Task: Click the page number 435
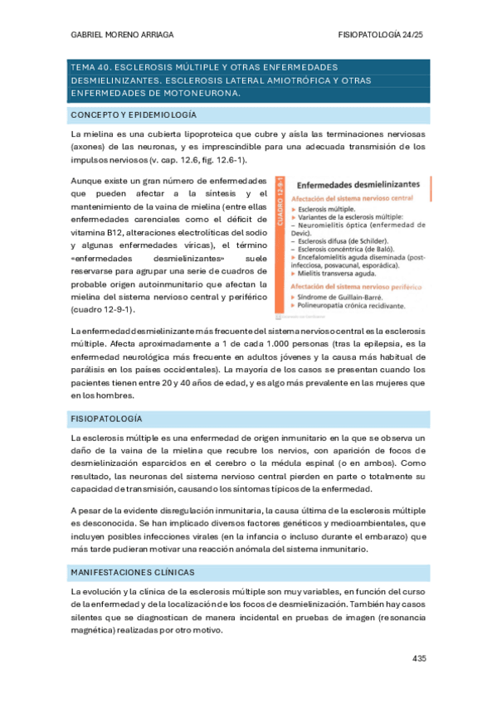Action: click(418, 658)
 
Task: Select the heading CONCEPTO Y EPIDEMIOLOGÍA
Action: click(134, 114)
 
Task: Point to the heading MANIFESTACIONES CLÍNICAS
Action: click(134, 572)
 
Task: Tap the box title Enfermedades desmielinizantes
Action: click(358, 187)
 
